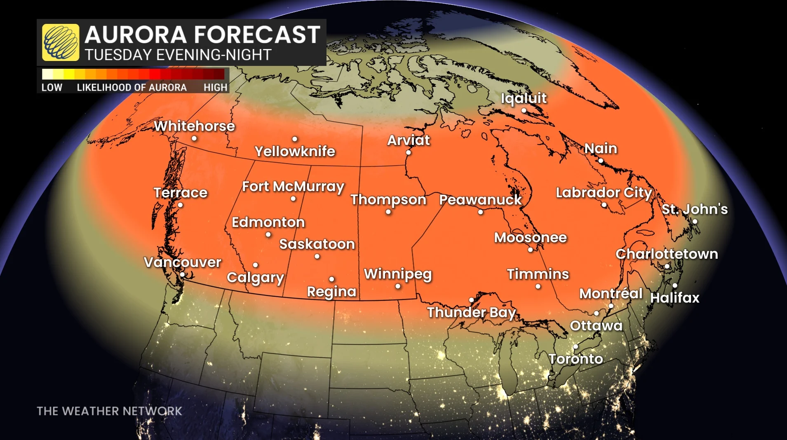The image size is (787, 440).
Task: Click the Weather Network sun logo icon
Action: (x=61, y=42)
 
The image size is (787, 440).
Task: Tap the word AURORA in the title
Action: (x=136, y=35)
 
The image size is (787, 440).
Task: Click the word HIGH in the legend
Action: (x=215, y=87)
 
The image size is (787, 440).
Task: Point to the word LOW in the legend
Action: (x=52, y=87)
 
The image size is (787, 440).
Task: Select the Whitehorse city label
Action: (x=194, y=126)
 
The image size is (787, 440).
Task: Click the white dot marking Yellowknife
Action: (x=295, y=139)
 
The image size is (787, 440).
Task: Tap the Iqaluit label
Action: (x=524, y=98)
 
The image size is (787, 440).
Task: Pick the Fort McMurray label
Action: (x=293, y=187)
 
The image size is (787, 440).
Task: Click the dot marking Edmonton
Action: (x=268, y=235)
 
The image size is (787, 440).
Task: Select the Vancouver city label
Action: (x=183, y=262)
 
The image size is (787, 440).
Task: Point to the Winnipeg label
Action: (x=398, y=274)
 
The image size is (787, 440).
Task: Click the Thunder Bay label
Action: (x=471, y=312)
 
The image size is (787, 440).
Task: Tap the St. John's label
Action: (x=695, y=209)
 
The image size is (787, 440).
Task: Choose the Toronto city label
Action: (x=576, y=359)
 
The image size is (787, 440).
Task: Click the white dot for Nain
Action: (x=601, y=161)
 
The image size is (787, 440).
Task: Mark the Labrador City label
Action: (x=604, y=192)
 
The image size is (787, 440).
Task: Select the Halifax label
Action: (x=675, y=297)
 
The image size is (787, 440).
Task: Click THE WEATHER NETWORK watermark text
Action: (x=109, y=411)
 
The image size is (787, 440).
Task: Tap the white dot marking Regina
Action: (x=332, y=279)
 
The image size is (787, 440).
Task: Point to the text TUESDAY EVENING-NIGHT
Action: (x=178, y=55)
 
